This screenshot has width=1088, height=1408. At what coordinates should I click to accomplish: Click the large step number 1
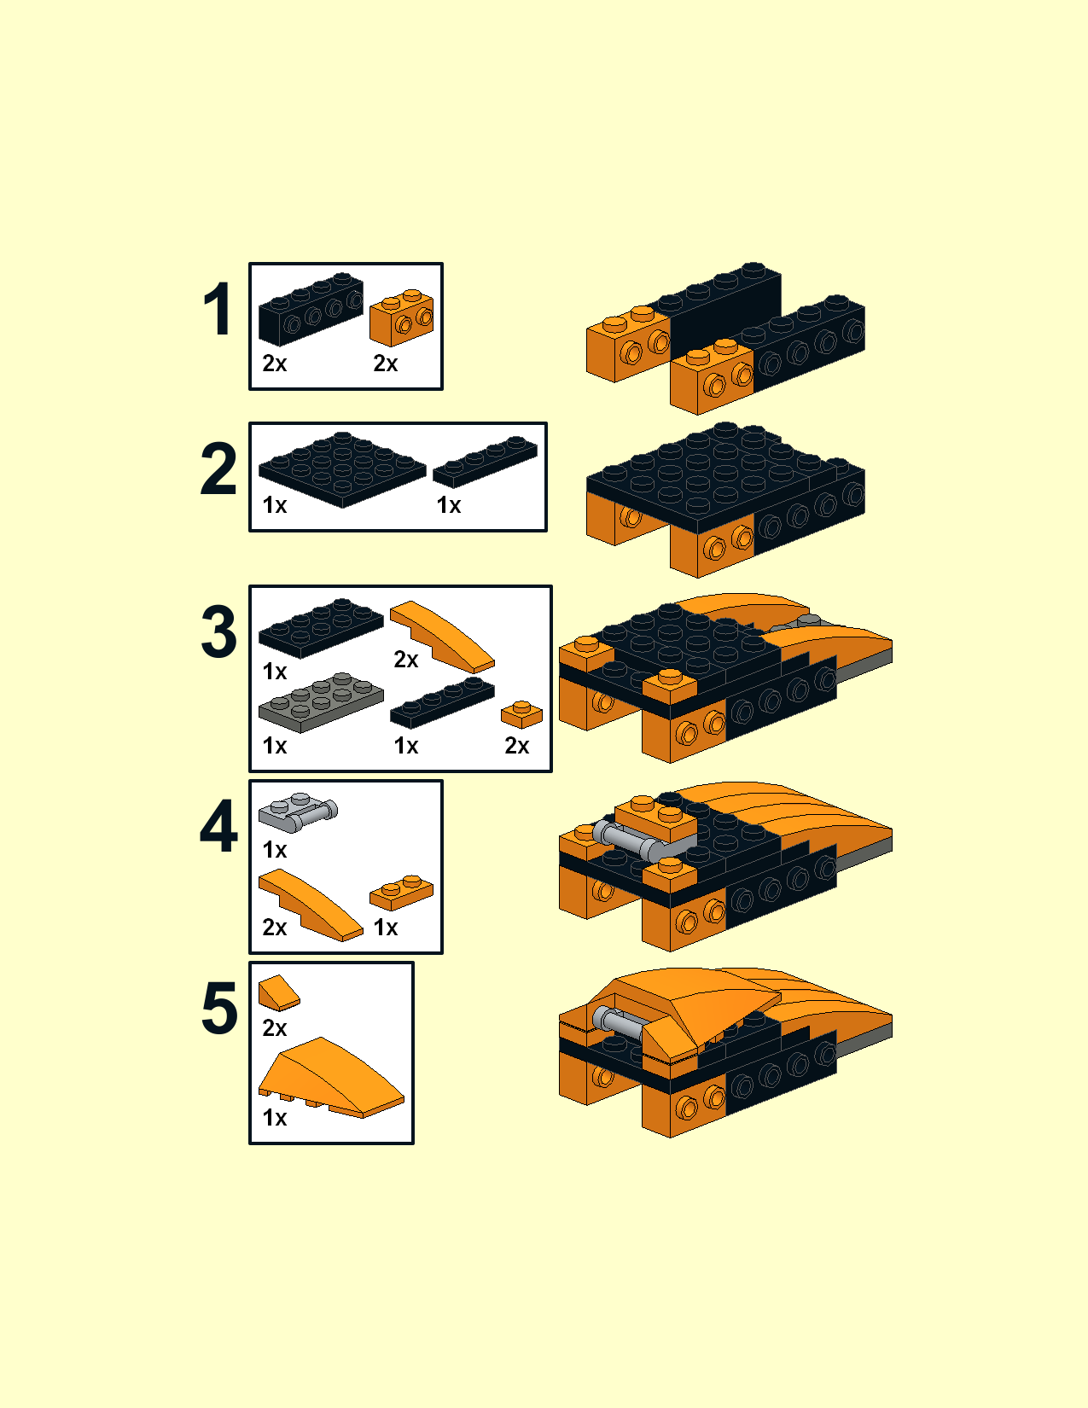(218, 309)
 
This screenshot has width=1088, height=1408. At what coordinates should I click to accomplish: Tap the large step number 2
(218, 468)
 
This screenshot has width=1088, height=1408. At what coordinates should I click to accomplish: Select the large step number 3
(218, 631)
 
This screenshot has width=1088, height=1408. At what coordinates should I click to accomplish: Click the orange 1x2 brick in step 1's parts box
(401, 317)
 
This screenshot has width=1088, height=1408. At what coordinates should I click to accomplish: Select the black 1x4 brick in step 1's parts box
(311, 308)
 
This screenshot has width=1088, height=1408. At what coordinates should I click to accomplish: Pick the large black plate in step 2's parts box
(342, 469)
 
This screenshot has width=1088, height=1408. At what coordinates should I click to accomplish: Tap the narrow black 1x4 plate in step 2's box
(485, 462)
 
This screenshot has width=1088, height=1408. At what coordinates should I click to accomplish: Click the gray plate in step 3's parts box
(321, 701)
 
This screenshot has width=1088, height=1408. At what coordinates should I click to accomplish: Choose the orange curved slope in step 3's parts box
(442, 637)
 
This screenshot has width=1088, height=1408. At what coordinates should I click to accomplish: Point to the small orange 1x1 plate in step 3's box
(521, 714)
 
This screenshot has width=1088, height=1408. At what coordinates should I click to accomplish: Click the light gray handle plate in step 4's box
(298, 812)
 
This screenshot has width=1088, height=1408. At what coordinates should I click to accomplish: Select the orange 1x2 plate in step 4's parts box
(401, 893)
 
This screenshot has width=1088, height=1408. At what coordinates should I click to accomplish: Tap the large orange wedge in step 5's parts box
(331, 1077)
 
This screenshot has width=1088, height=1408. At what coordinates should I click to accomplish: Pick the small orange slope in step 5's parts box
(279, 992)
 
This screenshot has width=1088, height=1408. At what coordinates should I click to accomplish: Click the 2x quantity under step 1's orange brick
(385, 364)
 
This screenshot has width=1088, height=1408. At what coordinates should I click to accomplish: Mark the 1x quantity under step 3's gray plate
(274, 746)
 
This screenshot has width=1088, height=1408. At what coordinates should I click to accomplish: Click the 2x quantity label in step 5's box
(274, 1027)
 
